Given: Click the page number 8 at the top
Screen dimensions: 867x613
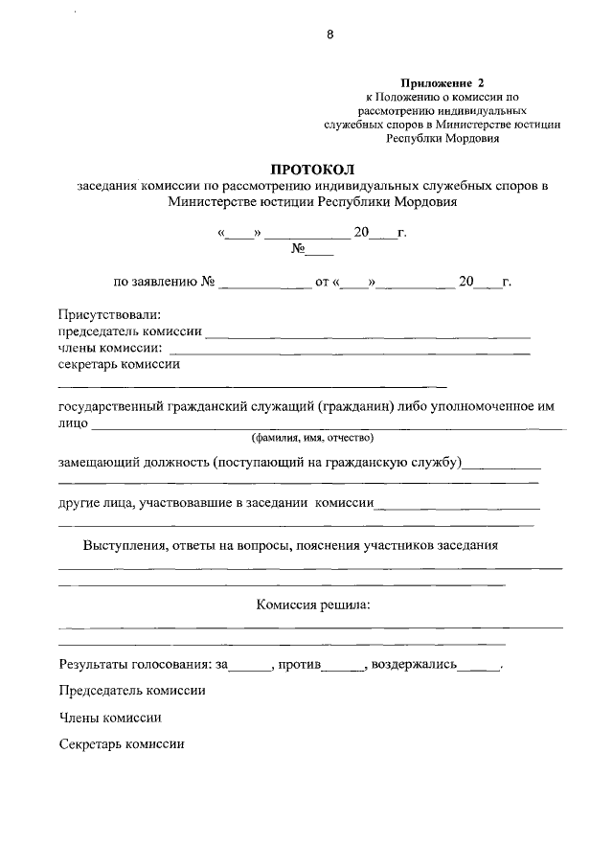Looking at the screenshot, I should click(330, 35).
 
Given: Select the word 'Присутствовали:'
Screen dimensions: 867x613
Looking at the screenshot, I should click(109, 313).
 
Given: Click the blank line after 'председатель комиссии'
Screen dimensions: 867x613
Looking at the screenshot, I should click(369, 334).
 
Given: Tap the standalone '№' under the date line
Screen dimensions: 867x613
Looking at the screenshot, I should click(298, 251).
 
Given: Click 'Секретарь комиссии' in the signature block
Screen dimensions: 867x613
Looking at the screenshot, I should click(121, 743).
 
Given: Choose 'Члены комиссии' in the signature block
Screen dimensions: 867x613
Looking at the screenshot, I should click(109, 717).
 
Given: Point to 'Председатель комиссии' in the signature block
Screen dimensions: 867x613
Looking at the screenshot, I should click(132, 690).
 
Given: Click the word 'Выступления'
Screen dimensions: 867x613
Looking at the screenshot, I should click(124, 546).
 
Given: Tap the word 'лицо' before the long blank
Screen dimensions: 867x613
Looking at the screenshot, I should click(73, 422).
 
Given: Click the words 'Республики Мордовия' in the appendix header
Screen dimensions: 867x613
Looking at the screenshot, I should click(443, 137).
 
